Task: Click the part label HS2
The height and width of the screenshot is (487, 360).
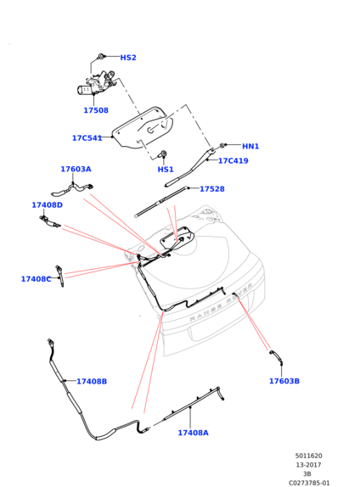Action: click(128, 58)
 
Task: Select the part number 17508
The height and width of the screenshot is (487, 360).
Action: click(96, 110)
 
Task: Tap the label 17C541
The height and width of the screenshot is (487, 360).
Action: click(87, 138)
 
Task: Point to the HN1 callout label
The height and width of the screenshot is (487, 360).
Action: click(250, 146)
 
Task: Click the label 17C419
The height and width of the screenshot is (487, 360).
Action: click(233, 160)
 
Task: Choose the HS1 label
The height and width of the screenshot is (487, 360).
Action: click(166, 170)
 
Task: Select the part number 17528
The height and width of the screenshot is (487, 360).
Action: click(212, 189)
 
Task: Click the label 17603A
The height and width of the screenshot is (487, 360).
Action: click(76, 169)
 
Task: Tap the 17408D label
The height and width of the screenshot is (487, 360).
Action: click(48, 205)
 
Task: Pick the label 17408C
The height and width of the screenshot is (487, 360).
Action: click(36, 279)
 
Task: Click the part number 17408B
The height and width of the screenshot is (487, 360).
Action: click(92, 381)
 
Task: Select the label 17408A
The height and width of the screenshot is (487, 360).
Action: click(193, 433)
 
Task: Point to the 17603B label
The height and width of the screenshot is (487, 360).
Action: click(284, 381)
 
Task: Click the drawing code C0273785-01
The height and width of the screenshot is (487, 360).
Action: click(309, 483)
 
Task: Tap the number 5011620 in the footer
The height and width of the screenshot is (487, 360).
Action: click(309, 456)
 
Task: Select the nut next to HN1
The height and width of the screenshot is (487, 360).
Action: click(222, 145)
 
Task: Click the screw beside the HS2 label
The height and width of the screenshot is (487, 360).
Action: click(101, 57)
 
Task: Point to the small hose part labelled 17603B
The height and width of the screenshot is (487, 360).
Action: click(277, 356)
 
